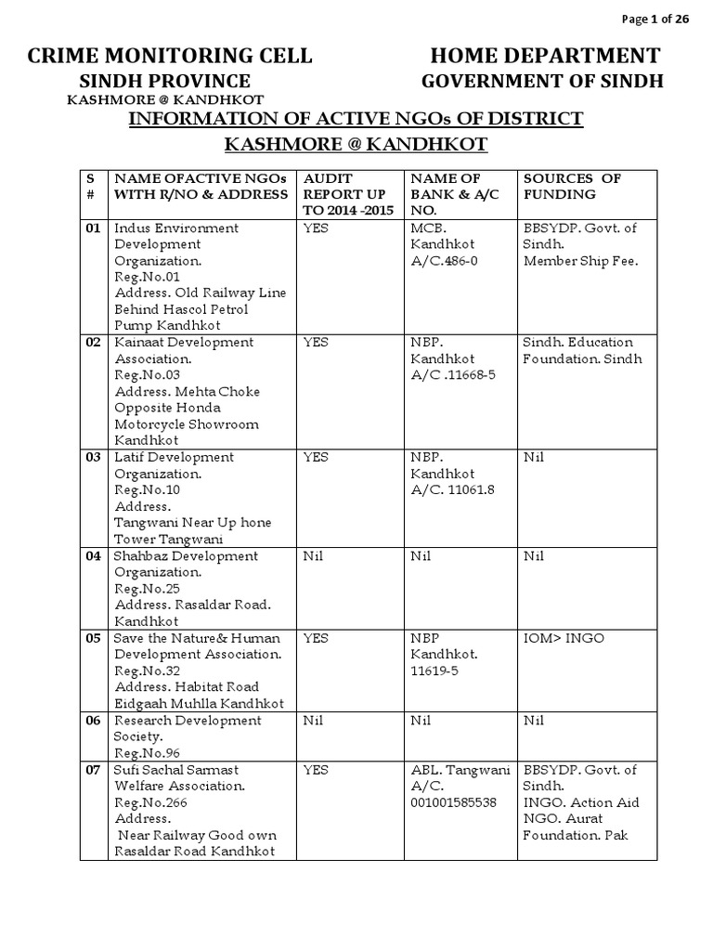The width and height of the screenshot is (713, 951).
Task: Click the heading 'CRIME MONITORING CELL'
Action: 170,55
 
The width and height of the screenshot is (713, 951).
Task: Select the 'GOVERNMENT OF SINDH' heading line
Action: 543,81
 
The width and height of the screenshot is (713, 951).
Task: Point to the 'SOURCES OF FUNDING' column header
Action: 572,186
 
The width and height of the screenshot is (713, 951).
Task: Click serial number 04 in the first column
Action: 93,556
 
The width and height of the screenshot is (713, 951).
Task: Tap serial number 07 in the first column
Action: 93,769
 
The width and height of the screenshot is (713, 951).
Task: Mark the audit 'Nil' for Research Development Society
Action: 313,720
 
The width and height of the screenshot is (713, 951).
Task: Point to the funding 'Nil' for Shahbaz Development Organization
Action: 533,556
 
